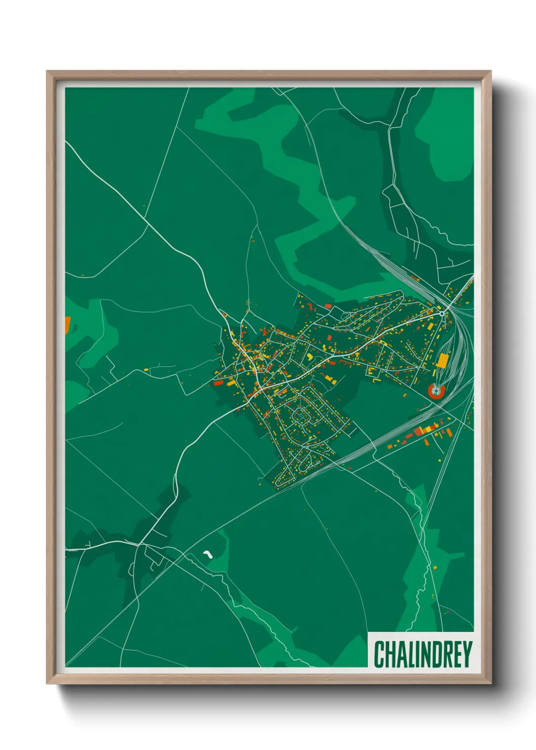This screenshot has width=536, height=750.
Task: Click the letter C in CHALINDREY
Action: point(379,654)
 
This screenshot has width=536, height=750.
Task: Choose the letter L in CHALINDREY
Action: point(410,654)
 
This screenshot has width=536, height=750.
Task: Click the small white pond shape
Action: point(207,554)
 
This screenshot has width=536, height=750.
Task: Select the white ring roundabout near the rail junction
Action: point(442,314)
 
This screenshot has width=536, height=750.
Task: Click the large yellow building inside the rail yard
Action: point(442,360)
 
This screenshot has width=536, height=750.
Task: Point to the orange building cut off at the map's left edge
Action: point(67,325)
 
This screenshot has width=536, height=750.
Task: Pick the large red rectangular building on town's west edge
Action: point(218,383)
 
